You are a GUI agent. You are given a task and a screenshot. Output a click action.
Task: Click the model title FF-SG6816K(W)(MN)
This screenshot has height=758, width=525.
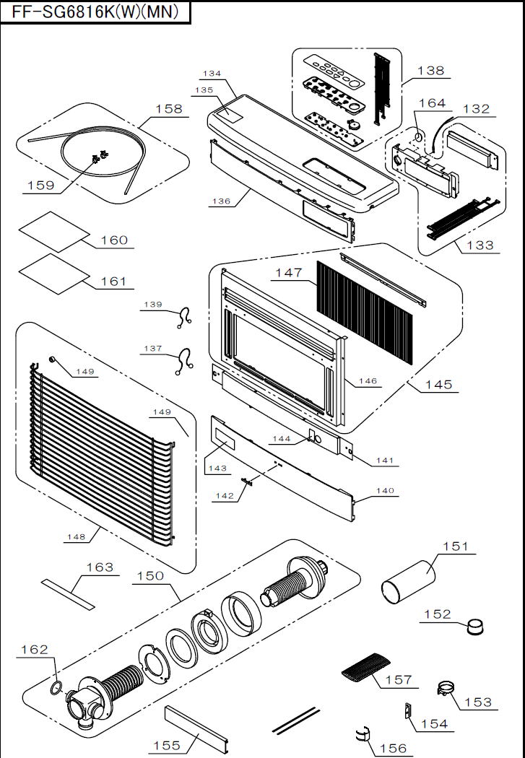95,12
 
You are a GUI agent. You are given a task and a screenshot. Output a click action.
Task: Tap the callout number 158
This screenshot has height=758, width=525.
169,109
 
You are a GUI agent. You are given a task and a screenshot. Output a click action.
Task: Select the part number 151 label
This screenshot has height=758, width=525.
456,546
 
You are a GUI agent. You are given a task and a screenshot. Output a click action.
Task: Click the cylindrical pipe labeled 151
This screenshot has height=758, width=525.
409,582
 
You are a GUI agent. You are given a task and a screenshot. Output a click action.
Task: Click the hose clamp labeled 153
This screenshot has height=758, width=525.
447,688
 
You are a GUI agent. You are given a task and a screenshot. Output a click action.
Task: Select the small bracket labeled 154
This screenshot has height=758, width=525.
407,710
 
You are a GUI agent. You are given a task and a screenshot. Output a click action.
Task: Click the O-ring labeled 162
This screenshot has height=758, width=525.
56,687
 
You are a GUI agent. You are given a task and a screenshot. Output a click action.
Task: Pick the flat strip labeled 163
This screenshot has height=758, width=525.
68,594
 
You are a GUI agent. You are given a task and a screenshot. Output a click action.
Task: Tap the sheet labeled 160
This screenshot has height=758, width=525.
54,232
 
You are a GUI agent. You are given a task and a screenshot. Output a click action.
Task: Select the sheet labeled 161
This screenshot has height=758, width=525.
54,274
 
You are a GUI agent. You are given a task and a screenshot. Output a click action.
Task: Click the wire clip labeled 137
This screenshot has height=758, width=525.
184,361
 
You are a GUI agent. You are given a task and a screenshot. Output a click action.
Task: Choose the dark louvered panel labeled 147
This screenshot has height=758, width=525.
365,313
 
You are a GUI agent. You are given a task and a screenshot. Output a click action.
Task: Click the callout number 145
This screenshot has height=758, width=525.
438,385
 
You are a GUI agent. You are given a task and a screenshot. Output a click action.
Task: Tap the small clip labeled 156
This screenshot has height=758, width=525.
362,733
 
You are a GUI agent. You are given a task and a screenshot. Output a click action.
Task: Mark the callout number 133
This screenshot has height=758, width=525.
480,245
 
